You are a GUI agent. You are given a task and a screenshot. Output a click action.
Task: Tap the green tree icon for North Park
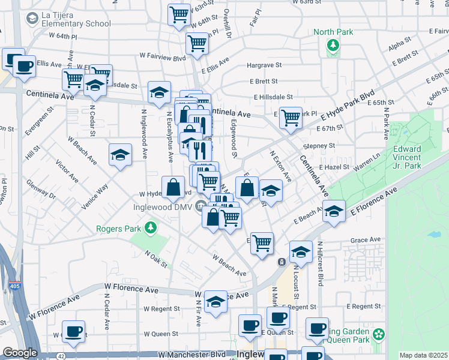coord(332,44)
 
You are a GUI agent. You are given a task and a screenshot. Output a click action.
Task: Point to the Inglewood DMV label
coord(158,208)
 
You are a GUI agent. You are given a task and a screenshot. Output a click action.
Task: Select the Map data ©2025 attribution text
coord(423,355)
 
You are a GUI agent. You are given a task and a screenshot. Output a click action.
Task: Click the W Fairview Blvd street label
coord(164,59)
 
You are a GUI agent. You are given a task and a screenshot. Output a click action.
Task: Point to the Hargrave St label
coord(262,67)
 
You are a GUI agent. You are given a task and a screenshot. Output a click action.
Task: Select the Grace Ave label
coord(366,240)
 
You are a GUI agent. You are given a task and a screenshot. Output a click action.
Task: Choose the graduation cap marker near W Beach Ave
coord(120,155)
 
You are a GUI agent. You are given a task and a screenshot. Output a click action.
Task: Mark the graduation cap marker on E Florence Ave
coord(334,211)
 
